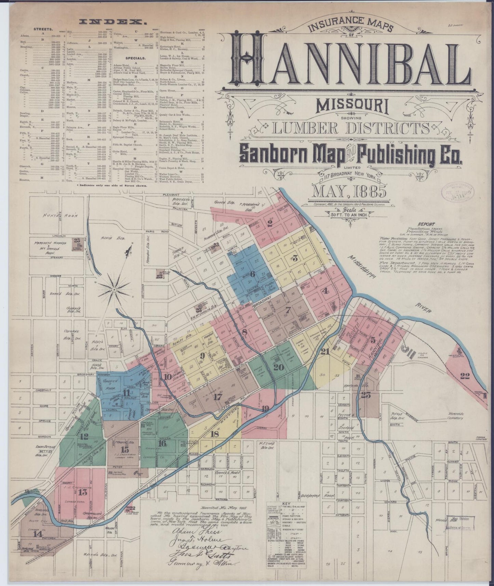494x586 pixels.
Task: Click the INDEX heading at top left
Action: tap(111, 22)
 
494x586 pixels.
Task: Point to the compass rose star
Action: tap(113, 290)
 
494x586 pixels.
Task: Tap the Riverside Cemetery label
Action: tap(458, 416)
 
